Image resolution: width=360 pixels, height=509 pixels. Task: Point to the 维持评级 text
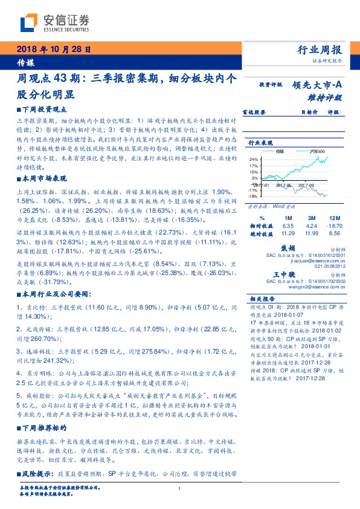(x=326, y=97)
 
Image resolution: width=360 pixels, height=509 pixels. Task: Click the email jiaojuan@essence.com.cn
(x=314, y=261)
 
